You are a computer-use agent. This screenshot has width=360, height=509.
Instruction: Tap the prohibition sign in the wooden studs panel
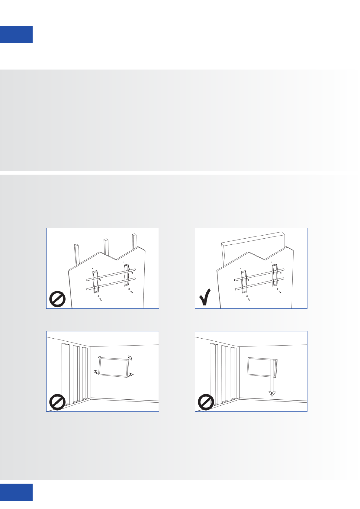coord(57,299)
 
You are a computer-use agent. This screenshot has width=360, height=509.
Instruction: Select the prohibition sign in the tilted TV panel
coord(57,402)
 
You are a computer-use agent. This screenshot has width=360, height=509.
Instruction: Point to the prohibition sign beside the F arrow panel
coord(206,402)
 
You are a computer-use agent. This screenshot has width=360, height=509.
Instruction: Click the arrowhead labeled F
coord(272,394)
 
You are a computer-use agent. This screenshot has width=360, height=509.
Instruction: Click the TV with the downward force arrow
coord(262,367)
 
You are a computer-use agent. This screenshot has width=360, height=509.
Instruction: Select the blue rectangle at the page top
coord(16,34)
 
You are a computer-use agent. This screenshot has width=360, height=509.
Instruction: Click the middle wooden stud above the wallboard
coord(106,247)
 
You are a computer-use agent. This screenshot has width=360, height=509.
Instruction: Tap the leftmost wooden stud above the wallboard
coord(77,254)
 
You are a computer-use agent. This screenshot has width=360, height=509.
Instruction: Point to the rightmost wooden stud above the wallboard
coord(134,242)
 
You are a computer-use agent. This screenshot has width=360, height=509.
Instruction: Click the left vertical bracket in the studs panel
coord(96,282)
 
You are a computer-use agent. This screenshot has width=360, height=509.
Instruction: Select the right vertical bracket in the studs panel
coord(126,275)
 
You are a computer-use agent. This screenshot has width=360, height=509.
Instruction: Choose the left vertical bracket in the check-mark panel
coord(244,282)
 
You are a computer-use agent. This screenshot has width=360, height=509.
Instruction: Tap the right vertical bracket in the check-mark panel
coord(275,275)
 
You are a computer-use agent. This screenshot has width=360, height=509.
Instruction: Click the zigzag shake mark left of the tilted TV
coord(96,372)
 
